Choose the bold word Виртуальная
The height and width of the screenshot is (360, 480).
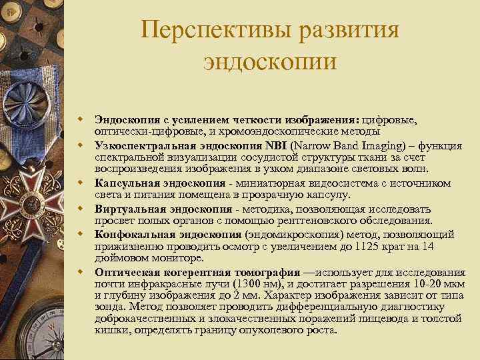tap(129, 209)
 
